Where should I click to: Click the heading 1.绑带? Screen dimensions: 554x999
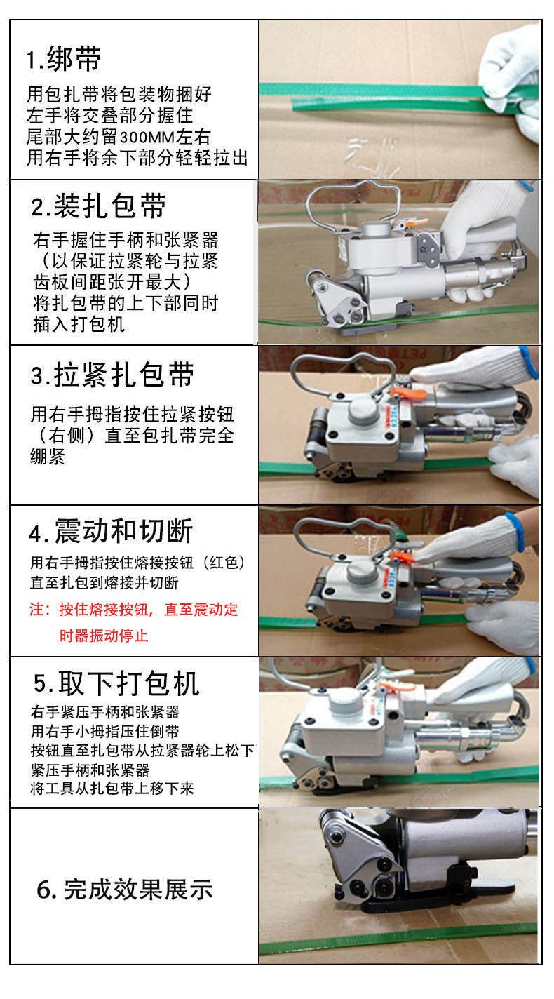64,59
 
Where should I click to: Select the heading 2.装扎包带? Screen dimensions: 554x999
98,206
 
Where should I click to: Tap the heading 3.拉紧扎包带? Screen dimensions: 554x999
112,375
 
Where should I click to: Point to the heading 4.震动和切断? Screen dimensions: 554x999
111,531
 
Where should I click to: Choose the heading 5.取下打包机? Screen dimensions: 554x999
116,683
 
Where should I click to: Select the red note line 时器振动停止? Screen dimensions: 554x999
103,635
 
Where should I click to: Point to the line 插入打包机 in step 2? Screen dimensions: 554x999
79,324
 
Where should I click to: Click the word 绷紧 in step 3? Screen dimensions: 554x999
48,457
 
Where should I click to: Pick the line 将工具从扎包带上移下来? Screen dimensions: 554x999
112,789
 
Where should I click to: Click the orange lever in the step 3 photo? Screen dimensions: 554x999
409,394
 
